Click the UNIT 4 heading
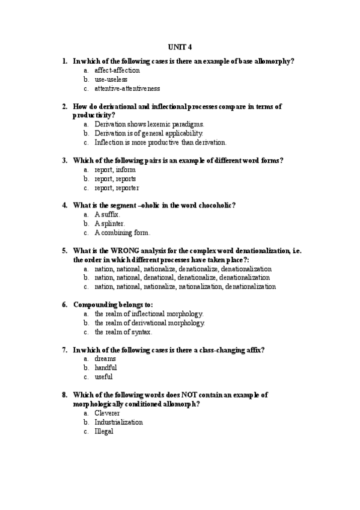180,47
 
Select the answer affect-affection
117,70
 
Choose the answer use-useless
111,79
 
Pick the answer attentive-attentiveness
127,88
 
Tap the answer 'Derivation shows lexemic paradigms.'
145,124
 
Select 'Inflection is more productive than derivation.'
160,143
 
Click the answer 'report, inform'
115,170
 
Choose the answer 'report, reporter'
117,188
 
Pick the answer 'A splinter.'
110,223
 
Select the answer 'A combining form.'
122,232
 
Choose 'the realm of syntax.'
123,331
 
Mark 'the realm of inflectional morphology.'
149,313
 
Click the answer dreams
105,358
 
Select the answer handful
106,367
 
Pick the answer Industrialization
118,422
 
